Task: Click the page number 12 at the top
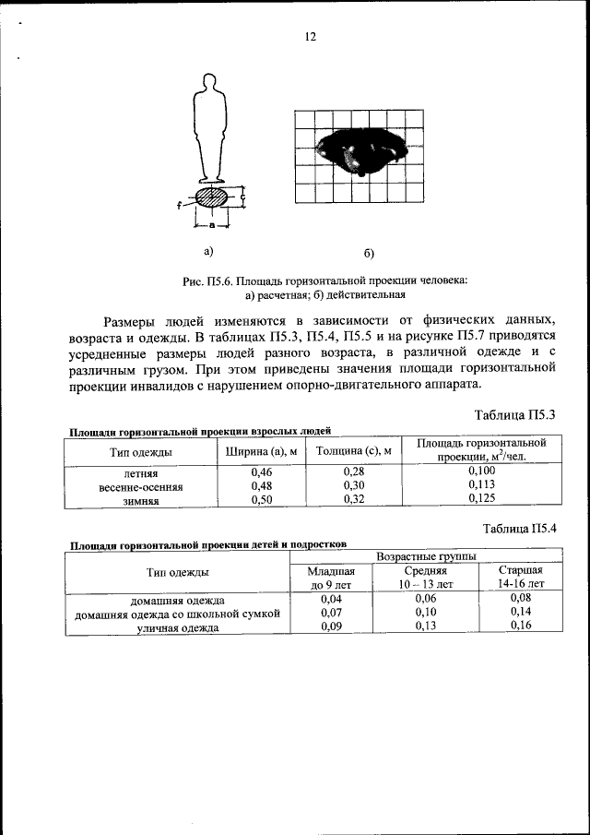click(311, 37)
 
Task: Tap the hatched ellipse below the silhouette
click(212, 197)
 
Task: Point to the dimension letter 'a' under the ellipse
click(212, 224)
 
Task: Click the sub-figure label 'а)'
click(208, 250)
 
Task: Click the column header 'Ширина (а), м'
click(261, 451)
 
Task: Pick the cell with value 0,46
click(261, 471)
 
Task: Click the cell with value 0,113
click(481, 484)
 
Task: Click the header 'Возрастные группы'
click(424, 557)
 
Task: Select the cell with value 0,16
click(521, 626)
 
